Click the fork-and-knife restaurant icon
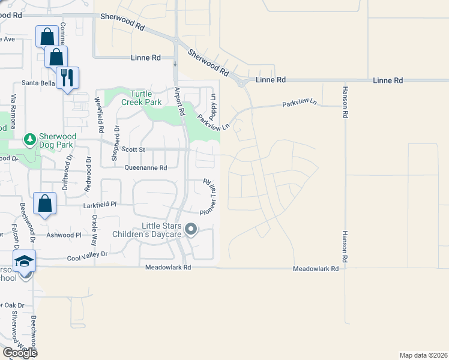pyautogui.click(x=67, y=77)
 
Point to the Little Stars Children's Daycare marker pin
pyautogui.click(x=191, y=229)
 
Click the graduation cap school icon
pyautogui.click(x=25, y=261)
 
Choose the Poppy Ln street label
pyautogui.click(x=213, y=103)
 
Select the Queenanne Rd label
pyautogui.click(x=146, y=169)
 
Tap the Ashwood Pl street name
pyautogui.click(x=64, y=235)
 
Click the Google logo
pyautogui.click(x=19, y=353)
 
